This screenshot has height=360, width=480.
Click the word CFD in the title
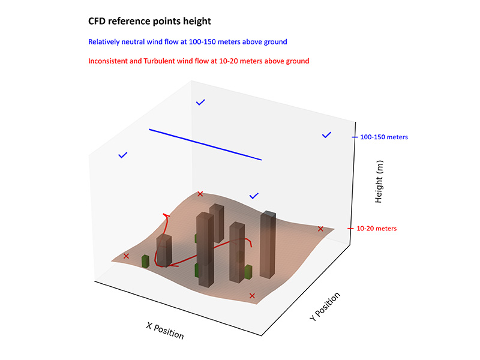pyautogui.click(x=97, y=21)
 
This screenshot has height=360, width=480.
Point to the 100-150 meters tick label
pyautogui.click(x=384, y=137)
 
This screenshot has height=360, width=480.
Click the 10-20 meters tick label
pyautogui.click(x=377, y=229)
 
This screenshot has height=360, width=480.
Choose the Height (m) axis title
pyautogui.click(x=379, y=182)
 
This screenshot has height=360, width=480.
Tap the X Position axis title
pyautogui.click(x=165, y=331)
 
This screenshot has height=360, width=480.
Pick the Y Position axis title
pyautogui.click(x=325, y=307)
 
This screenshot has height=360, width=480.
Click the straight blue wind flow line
pyautogui.click(x=205, y=145)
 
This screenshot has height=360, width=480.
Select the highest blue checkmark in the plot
pyautogui.click(x=200, y=102)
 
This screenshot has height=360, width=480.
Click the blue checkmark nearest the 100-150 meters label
pyautogui.click(x=326, y=134)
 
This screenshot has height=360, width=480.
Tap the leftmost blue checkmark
pyautogui.click(x=123, y=155)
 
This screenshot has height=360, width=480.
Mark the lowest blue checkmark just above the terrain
pyautogui.click(x=254, y=196)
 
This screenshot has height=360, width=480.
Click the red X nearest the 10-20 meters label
pyautogui.click(x=320, y=229)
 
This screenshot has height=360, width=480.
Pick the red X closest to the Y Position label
pyautogui.click(x=252, y=296)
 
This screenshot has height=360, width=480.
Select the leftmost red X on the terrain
pyautogui.click(x=126, y=256)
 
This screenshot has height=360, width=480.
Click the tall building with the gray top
pyautogui.click(x=268, y=244)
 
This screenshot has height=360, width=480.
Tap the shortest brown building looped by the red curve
pyautogui.click(x=164, y=250)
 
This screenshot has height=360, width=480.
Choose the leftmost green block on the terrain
pyautogui.click(x=145, y=262)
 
